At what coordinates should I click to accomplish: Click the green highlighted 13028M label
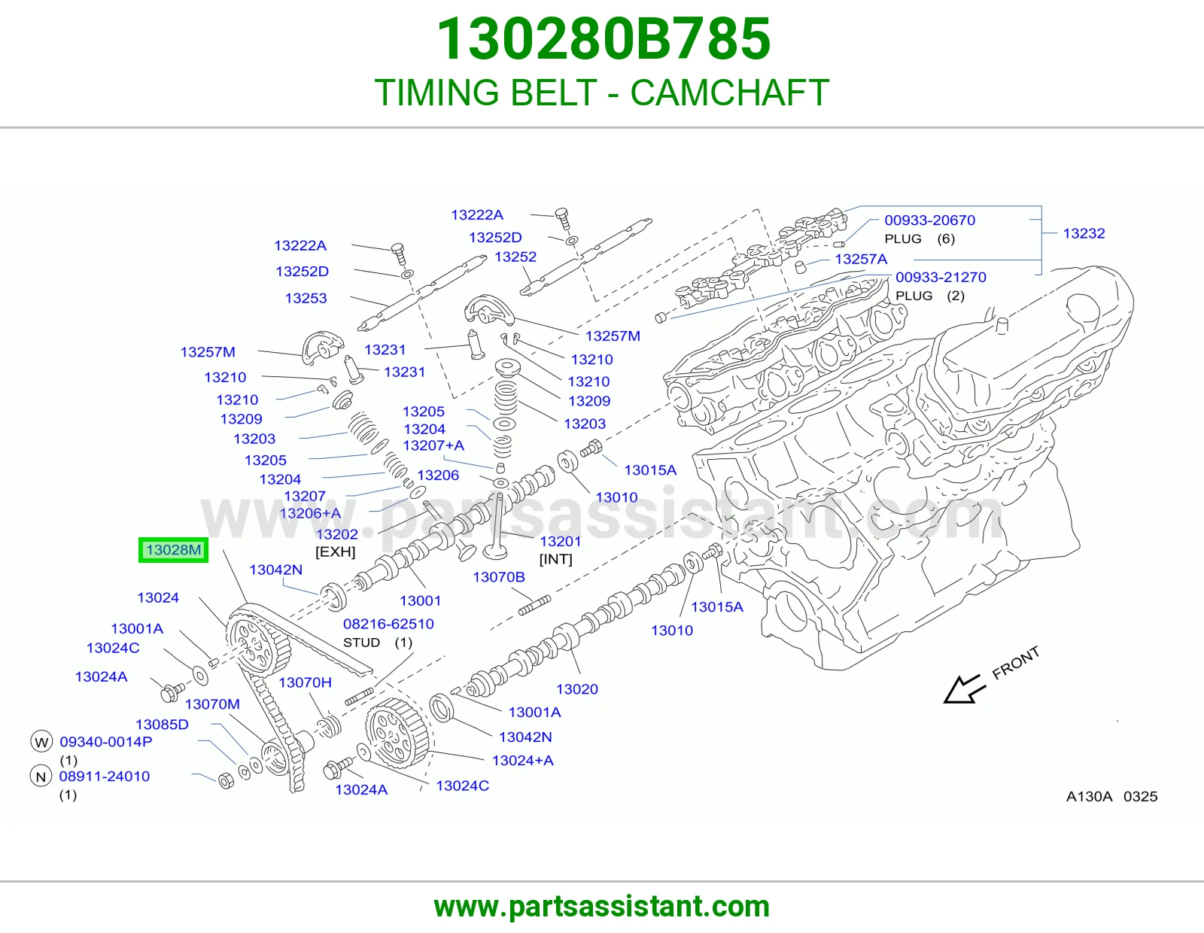173,550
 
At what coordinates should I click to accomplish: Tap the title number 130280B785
604,39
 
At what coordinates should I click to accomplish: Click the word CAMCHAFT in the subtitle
730,93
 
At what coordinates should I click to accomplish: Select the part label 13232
1084,233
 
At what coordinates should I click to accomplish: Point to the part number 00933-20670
930,220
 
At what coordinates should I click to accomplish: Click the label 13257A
861,259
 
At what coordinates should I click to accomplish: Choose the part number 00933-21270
941,277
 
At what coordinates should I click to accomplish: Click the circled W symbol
41,742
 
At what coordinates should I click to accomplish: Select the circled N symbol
41,776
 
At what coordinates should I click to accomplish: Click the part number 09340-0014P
106,741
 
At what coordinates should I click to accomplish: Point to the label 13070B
499,577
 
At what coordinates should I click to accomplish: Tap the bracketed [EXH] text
335,552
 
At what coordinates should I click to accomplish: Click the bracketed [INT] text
556,559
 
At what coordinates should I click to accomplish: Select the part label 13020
576,688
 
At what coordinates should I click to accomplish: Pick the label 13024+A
522,760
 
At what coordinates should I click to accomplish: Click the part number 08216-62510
388,624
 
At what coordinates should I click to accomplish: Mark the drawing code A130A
1089,796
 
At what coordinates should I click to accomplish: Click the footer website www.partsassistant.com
602,907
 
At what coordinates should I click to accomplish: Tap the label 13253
306,298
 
